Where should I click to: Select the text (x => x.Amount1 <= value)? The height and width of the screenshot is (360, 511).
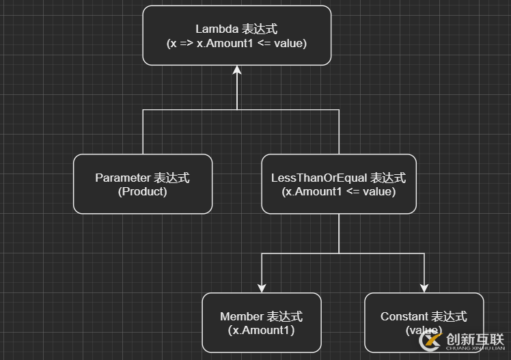[x=236, y=43]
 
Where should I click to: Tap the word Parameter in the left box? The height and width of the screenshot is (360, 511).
[x=122, y=178]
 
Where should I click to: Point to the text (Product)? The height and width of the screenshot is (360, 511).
[x=142, y=192]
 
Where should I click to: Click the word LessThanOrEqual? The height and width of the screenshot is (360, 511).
[x=319, y=178]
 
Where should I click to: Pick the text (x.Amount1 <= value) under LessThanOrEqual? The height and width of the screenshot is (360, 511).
[x=338, y=192]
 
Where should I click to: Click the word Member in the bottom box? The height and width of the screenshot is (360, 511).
[x=242, y=317]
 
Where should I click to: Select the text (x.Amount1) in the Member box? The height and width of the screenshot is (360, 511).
[x=261, y=331]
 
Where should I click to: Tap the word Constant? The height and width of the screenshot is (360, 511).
[x=405, y=317]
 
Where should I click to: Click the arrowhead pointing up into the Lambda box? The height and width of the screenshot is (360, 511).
[x=236, y=70]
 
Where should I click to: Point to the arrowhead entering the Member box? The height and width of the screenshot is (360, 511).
[x=261, y=288]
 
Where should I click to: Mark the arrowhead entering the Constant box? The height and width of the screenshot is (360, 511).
[x=424, y=288]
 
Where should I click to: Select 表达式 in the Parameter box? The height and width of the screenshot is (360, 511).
[x=171, y=178]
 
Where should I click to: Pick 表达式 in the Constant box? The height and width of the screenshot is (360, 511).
[x=449, y=317]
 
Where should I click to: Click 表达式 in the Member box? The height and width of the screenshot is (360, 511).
[x=284, y=317]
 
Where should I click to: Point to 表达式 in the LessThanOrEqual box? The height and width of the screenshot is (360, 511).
[x=388, y=178]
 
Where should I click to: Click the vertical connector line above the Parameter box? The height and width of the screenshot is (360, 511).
[x=143, y=133]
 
